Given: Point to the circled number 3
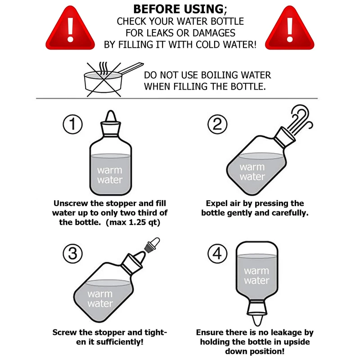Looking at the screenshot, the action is pos(72,254).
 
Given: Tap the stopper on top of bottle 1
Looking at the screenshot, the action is pos(110,119).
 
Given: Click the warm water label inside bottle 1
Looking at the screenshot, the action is pos(110,175).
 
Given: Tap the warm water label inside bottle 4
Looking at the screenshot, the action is pos(256,276).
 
